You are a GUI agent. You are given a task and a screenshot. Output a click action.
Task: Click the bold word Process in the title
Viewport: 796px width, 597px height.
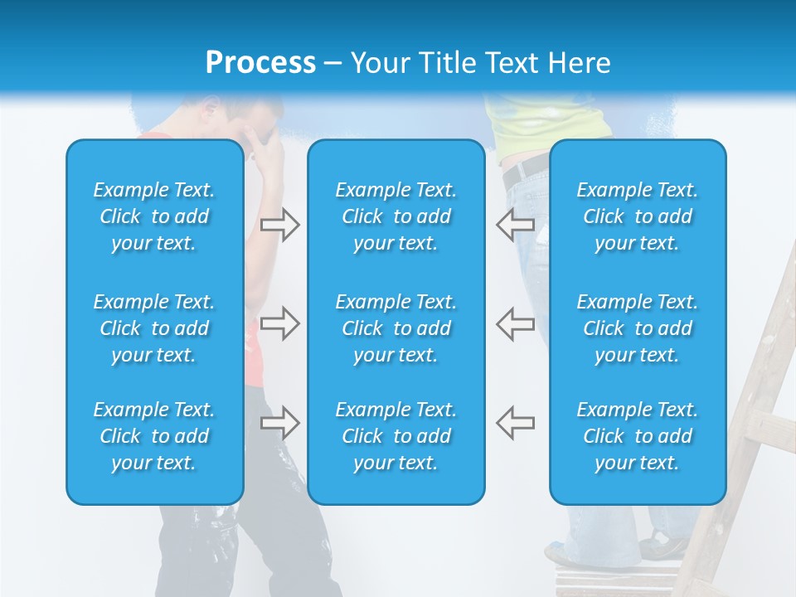coord(260,63)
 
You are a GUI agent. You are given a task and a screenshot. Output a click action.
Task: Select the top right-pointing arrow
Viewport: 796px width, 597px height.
coord(280,225)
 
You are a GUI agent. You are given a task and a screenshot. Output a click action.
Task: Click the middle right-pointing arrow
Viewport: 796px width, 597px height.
coord(280,323)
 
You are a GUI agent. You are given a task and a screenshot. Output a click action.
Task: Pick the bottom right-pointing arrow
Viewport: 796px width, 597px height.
coord(280,423)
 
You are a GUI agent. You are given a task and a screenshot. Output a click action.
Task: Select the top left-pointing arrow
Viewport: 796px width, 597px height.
coord(515,224)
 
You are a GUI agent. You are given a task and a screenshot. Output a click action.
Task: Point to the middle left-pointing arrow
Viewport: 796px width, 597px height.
coord(515,323)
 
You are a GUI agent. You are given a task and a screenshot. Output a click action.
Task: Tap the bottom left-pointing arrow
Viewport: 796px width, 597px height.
coord(515,423)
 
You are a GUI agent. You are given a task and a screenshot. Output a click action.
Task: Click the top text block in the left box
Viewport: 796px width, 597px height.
coord(154,216)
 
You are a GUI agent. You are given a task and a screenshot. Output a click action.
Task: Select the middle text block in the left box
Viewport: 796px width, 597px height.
coord(154,328)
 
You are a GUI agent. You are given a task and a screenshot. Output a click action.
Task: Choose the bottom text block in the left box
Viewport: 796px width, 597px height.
coord(154,436)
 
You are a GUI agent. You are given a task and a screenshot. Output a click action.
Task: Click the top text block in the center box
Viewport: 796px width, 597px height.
coord(396,216)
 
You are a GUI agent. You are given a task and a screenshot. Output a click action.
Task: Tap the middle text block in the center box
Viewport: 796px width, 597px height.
coord(396,328)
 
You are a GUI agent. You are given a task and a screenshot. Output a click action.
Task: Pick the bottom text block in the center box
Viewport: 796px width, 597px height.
coord(396,436)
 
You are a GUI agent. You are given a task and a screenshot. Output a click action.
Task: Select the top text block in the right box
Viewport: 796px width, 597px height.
coord(637,216)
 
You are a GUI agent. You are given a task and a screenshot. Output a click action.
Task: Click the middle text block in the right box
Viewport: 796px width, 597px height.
coord(637,328)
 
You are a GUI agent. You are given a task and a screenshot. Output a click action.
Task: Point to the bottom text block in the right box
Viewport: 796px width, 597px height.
coord(637,436)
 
